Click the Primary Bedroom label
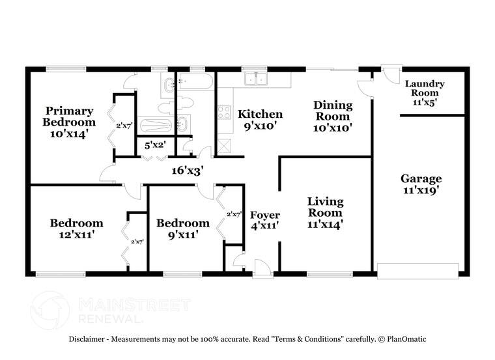69,122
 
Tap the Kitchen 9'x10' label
259,120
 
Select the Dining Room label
333,117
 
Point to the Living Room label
325,213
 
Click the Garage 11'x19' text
421,184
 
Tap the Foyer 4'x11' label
265,221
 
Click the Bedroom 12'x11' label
76,229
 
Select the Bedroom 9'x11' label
182,228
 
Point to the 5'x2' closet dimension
154,146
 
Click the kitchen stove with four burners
225,111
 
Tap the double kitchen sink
258,79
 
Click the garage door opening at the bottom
417,270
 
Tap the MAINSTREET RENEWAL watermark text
134,311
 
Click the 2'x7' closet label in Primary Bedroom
124,125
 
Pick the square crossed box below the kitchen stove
225,145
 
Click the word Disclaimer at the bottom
90,339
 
